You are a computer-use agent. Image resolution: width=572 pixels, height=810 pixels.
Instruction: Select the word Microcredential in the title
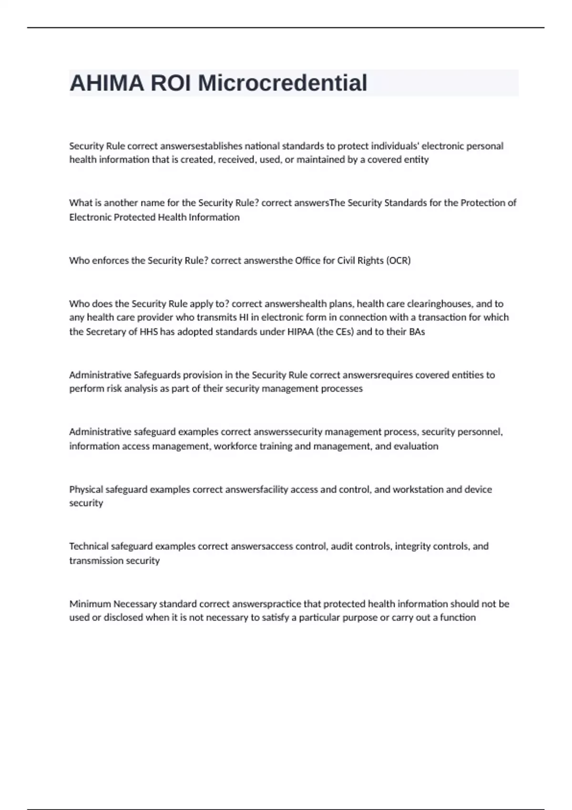tap(282, 83)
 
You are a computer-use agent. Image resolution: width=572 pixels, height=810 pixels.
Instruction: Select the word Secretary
tap(106, 332)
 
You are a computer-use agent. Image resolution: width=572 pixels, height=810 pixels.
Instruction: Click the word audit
tap(342, 546)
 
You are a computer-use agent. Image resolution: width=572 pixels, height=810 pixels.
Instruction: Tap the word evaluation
tap(416, 446)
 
